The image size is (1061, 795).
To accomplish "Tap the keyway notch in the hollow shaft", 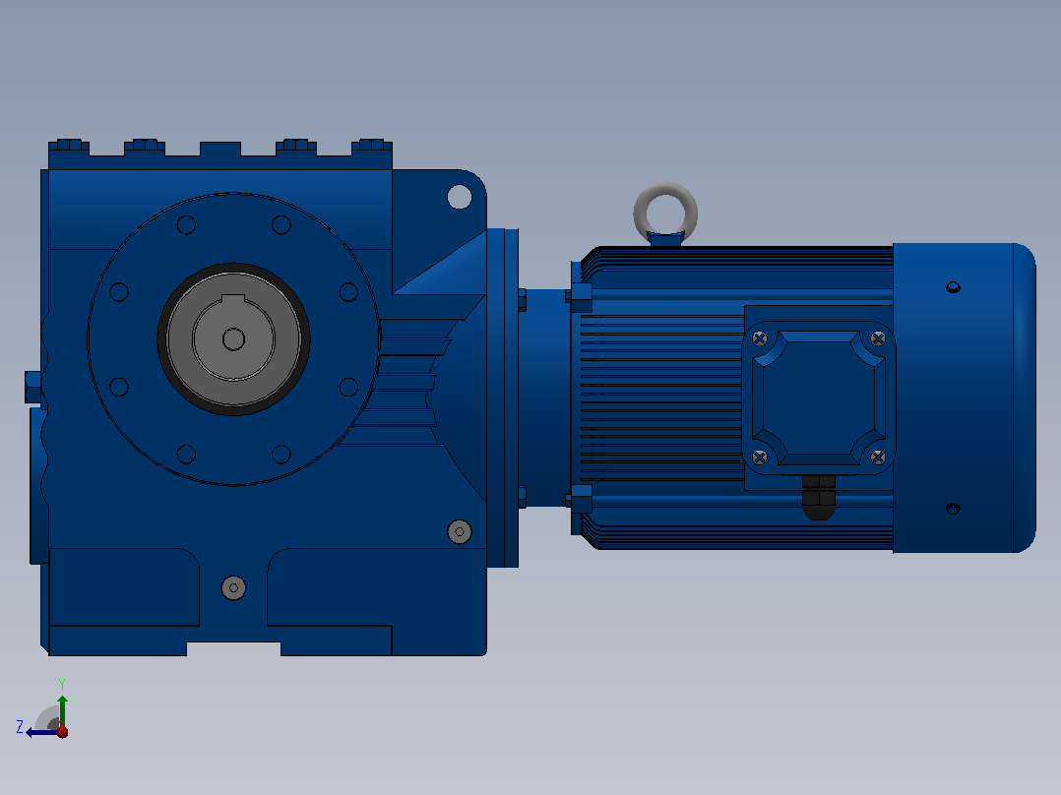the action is click(x=233, y=300).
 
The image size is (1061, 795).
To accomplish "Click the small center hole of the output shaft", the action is click(x=233, y=339).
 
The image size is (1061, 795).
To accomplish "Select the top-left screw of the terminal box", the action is click(x=760, y=338).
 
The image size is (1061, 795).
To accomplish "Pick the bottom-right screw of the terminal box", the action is click(x=878, y=458).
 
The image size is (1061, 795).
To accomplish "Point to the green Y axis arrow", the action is click(x=62, y=711).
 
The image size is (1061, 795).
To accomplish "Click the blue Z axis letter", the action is click(x=20, y=727).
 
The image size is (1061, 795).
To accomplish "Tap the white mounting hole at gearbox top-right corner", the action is click(x=460, y=197).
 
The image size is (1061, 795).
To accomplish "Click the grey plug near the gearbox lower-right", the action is click(x=460, y=532).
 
